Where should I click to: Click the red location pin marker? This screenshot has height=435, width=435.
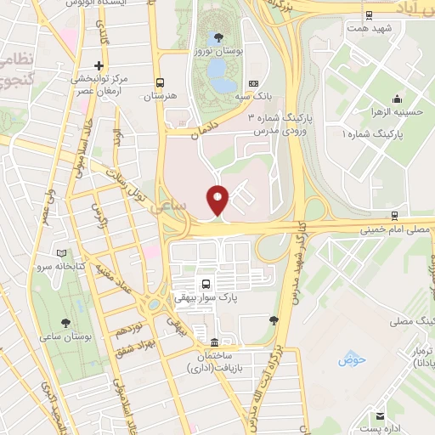coord(218,201)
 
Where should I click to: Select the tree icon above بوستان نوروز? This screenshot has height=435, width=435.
coord(219,37)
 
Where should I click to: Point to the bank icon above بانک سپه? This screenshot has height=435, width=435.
coord(253,83)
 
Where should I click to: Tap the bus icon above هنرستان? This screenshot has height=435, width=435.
coord(160,83)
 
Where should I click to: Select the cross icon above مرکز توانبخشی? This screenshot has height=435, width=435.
coord(99,65)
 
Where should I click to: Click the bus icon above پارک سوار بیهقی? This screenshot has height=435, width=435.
coord(205,283)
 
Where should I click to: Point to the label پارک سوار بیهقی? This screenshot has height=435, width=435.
coord(205,298)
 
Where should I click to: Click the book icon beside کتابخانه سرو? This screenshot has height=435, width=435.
coord(59,253)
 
